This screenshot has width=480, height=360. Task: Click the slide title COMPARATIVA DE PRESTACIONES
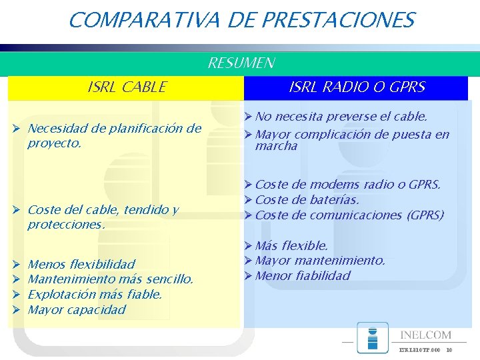pyautogui.click(x=241, y=20)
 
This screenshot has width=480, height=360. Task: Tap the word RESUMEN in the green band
pyautogui.click(x=241, y=63)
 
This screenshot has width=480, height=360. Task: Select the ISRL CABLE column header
pyautogui.click(x=127, y=87)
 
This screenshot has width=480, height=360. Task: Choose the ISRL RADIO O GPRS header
pyautogui.click(x=357, y=87)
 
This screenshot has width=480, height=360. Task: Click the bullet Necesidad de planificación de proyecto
pyautogui.click(x=114, y=135)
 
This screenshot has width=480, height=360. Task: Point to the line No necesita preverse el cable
pyautogui.click(x=341, y=117)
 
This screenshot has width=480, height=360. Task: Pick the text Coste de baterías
pyautogui.click(x=307, y=199)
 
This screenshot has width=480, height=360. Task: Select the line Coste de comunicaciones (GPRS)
pyautogui.click(x=349, y=215)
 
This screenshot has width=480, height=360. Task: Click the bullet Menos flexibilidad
pyautogui.click(x=81, y=264)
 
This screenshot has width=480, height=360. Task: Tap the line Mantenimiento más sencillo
pyautogui.click(x=111, y=279)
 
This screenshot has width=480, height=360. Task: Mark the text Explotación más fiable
pyautogui.click(x=95, y=294)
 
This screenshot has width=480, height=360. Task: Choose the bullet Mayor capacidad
pyautogui.click(x=77, y=309)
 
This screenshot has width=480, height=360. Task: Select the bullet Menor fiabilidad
pyautogui.click(x=303, y=275)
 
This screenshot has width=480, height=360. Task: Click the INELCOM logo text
pyautogui.click(x=425, y=335)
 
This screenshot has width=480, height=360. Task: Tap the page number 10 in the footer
pyautogui.click(x=449, y=350)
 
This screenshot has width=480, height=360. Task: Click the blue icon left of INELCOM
pyautogui.click(x=372, y=337)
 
